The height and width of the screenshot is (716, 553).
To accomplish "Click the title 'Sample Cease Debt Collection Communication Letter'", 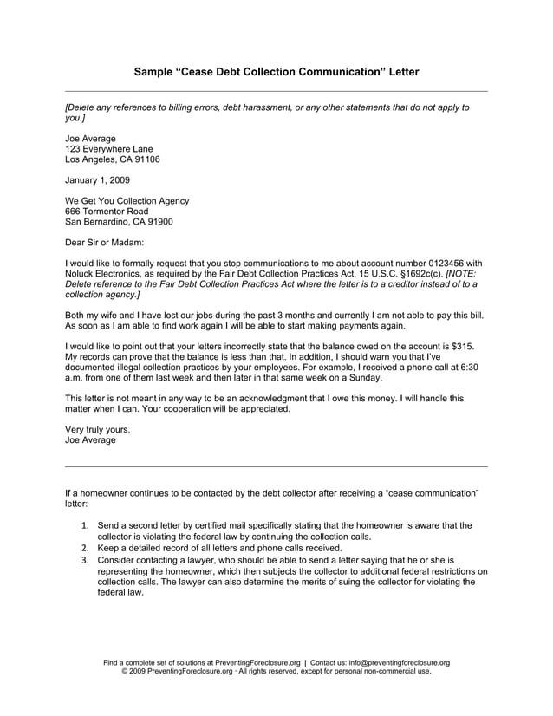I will point(276,72).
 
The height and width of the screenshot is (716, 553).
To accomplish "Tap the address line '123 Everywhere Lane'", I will point(109,149).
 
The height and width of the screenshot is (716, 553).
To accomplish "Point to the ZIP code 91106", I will point(146,159).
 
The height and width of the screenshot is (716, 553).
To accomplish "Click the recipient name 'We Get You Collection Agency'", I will point(127,201).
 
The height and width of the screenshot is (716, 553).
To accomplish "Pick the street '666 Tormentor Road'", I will point(107,212).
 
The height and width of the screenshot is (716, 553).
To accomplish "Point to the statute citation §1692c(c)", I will point(418,274).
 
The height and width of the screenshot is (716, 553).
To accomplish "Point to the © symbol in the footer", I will point(126,672).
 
